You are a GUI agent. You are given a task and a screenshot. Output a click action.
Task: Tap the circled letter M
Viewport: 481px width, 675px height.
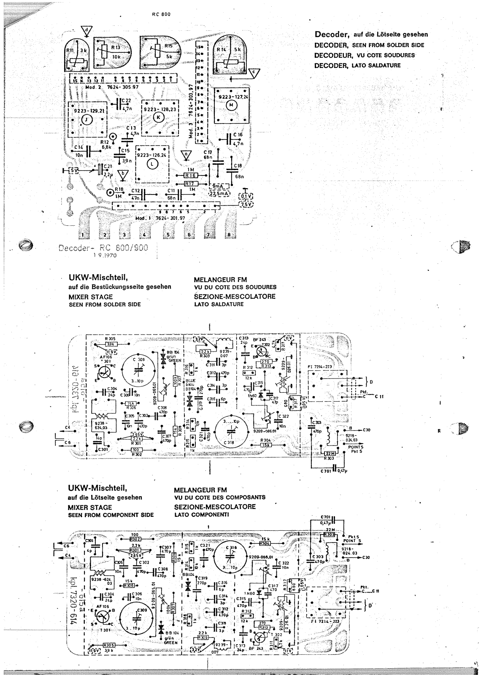pos(231,106)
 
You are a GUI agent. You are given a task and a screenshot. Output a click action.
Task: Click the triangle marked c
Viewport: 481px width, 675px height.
pos(253,73)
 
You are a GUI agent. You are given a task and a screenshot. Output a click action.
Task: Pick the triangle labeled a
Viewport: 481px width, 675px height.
pos(186,155)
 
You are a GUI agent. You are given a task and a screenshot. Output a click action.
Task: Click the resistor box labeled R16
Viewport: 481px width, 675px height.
pos(191,175)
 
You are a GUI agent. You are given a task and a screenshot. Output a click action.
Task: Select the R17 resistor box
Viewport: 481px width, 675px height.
pos(191,184)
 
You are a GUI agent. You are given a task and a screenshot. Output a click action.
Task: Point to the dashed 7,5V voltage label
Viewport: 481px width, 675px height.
pos(245,205)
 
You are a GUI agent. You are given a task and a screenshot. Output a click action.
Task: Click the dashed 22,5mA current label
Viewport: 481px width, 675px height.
pos(219,193)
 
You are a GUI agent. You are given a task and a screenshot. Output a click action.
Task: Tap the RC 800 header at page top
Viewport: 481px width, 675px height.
pos(160,14)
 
